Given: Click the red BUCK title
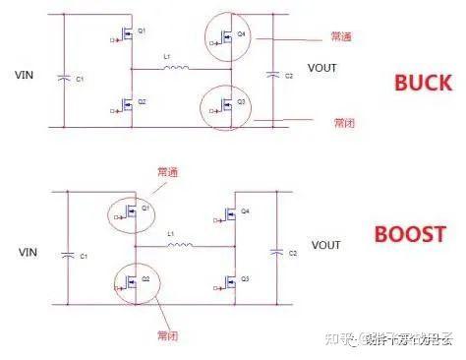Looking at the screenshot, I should (422, 83).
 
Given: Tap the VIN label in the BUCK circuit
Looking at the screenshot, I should (27, 75).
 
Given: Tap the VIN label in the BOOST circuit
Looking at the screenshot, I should (27, 252).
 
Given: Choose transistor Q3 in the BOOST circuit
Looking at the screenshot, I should (232, 282).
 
